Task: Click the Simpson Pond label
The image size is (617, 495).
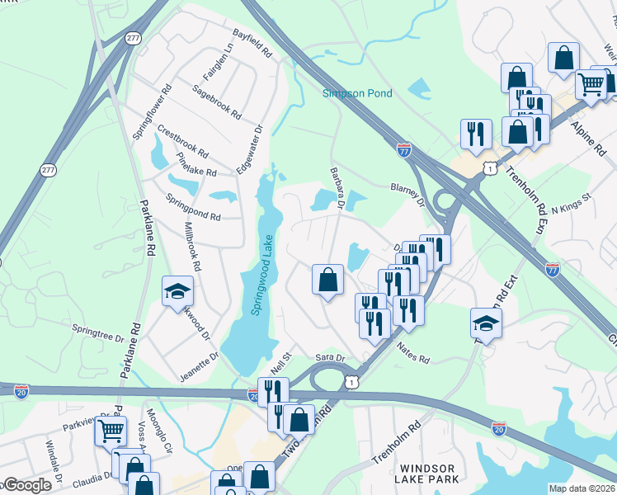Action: pyautogui.click(x=357, y=94)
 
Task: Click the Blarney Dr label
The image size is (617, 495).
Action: pyautogui.click(x=407, y=195)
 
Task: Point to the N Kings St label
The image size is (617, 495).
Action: pyautogui.click(x=572, y=202)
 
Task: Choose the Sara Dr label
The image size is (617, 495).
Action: pyautogui.click(x=329, y=356)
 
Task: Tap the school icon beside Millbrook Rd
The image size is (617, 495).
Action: pyautogui.click(x=177, y=291)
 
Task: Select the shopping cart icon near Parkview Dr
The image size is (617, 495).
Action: pyautogui.click(x=111, y=430)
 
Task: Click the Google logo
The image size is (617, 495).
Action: pyautogui.click(x=26, y=485)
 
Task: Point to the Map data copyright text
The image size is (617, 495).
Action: pyautogui.click(x=582, y=488)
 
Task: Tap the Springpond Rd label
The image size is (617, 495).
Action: pyautogui.click(x=193, y=206)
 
